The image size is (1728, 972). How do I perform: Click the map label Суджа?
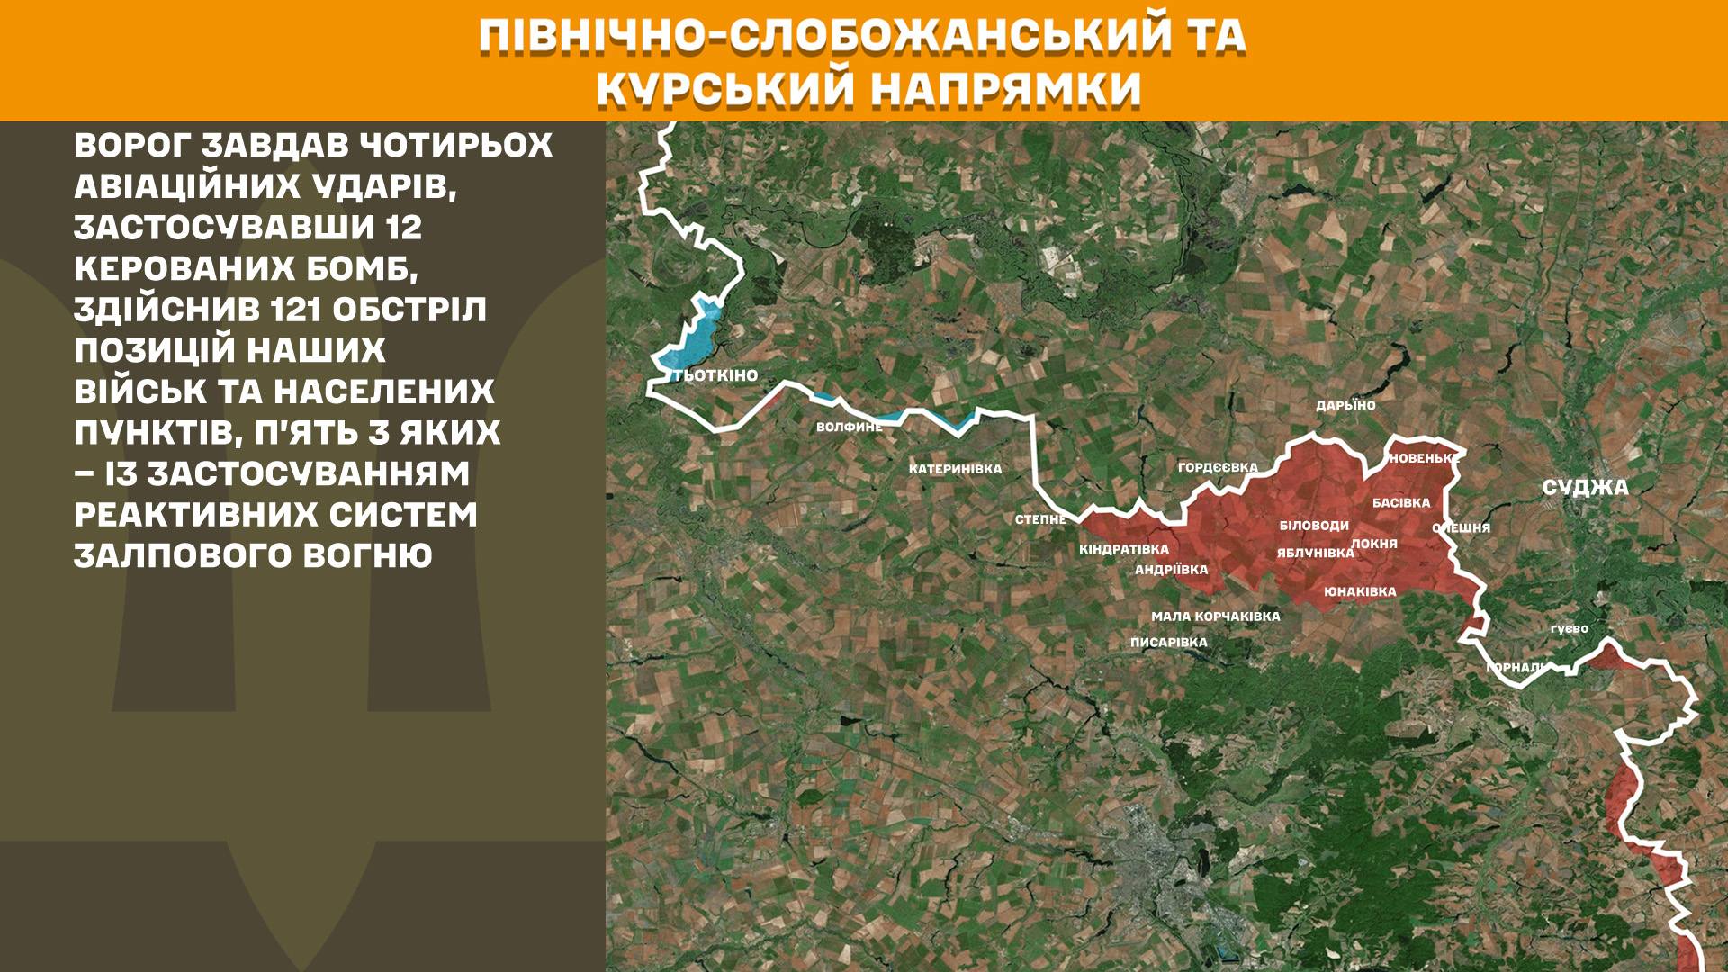[1585, 488]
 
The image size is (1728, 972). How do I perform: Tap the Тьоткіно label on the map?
[715, 375]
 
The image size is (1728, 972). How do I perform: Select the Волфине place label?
[849, 427]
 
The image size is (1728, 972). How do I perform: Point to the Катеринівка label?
[955, 469]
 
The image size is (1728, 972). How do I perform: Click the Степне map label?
[1040, 519]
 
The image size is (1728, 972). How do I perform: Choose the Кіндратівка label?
[1124, 549]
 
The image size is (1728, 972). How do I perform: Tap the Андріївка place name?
[1171, 570]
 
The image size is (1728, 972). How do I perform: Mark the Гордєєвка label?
[1218, 467]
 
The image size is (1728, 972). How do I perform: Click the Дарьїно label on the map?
[1345, 406]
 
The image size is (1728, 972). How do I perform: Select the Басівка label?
[1401, 503]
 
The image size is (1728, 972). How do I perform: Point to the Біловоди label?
[1314, 526]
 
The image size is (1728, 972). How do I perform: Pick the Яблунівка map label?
[1315, 553]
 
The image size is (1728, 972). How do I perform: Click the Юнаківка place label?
[1360, 591]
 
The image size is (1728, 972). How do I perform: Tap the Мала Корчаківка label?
[1215, 616]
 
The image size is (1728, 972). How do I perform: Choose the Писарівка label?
[1168, 643]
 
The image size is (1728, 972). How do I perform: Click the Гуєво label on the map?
[1570, 628]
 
